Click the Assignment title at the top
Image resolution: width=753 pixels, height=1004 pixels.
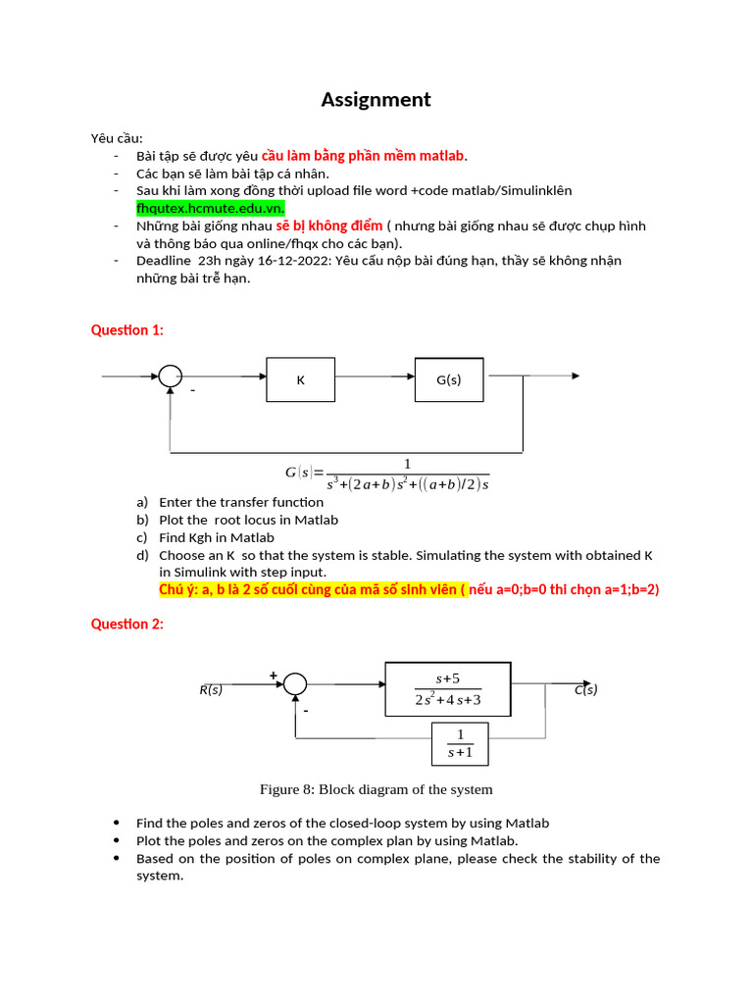coord(376,100)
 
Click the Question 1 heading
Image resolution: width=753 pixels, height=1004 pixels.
coord(127,330)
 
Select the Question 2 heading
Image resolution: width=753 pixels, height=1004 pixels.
coord(127,624)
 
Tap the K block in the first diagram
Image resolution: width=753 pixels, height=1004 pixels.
coord(301,379)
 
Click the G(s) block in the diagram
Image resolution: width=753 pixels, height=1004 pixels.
coord(448,379)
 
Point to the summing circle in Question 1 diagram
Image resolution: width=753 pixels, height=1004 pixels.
coord(172,376)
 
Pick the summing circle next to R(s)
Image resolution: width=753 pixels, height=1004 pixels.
coord(295,685)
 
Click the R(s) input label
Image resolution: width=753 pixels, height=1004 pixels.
coord(211,690)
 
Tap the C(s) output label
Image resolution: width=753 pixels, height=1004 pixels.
coord(586,690)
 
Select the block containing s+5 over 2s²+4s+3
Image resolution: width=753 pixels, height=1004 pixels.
coord(448,689)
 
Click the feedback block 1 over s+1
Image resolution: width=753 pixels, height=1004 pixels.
coord(460,743)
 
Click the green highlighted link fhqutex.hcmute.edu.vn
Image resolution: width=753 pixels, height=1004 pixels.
coord(210,209)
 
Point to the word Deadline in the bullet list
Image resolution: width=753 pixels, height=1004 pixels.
coord(164,261)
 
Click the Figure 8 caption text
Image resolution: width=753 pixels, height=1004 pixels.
coord(376,789)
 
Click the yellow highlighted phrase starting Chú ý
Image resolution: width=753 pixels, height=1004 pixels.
coord(313,589)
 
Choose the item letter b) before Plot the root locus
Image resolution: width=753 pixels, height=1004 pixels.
coord(142,520)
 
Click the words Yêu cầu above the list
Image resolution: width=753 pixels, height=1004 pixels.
coord(117,138)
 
